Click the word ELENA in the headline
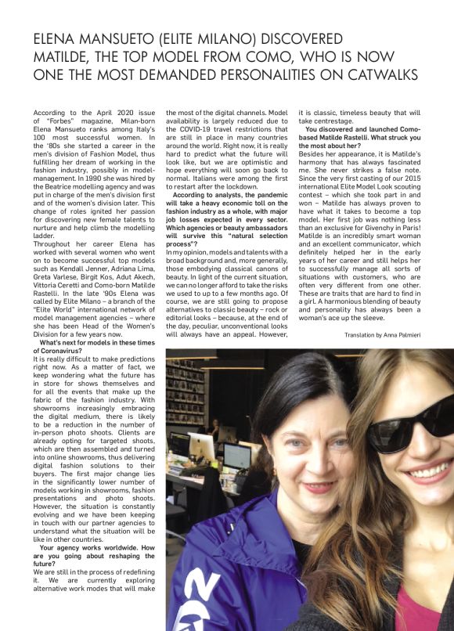pyautogui.click(x=58, y=38)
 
